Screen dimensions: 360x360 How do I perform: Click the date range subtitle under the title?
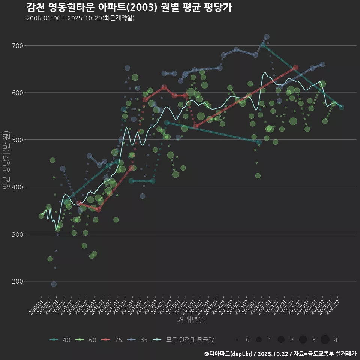(80, 18)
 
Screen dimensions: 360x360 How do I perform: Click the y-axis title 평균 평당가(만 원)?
(6, 163)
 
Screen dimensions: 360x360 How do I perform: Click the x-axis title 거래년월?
(191, 320)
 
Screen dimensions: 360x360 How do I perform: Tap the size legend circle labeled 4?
(325, 340)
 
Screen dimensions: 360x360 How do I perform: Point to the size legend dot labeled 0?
(237, 340)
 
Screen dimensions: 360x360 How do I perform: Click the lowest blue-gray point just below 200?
(54, 284)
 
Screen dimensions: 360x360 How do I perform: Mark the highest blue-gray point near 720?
(267, 37)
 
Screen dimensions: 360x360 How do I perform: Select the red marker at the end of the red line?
(296, 67)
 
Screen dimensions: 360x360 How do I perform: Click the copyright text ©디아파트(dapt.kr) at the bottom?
(229, 354)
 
